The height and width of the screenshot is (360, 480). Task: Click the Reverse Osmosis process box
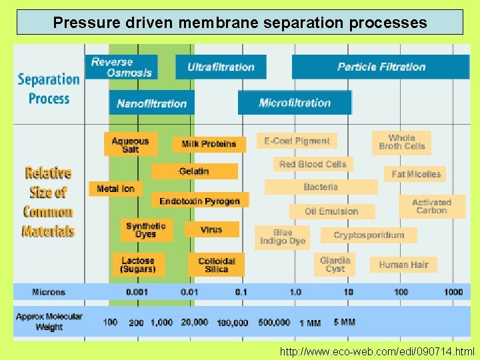121,67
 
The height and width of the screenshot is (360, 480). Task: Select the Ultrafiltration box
221,67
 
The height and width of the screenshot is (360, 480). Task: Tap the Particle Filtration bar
381,67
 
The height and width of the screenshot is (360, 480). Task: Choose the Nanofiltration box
152,103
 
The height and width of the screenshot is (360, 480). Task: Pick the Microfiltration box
295,103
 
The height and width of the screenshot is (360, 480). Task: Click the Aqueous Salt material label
131,145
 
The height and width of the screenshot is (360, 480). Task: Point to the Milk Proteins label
209,144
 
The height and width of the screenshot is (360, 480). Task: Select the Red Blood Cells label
313,164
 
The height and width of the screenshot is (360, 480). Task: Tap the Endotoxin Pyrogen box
199,201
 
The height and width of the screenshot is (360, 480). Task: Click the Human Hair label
403,265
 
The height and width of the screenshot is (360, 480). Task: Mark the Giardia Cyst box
335,265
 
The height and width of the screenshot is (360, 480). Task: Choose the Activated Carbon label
431,206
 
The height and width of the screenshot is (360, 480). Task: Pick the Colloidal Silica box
217,265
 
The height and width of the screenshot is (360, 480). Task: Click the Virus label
211,229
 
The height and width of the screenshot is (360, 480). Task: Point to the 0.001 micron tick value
138,292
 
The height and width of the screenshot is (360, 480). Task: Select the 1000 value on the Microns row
453,292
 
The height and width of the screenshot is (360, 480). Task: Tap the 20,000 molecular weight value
194,323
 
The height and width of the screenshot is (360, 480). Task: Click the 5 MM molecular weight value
344,322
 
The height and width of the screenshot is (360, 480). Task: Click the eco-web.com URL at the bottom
377,351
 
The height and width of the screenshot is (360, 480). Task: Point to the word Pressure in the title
81,23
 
